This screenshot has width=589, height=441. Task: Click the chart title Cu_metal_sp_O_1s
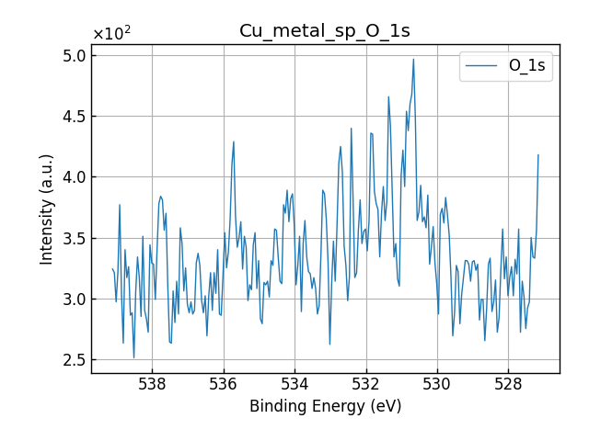click(x=325, y=31)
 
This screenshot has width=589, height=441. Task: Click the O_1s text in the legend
click(x=526, y=66)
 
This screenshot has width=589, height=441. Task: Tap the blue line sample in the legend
click(x=482, y=66)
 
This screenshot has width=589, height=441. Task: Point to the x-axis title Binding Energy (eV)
click(x=325, y=406)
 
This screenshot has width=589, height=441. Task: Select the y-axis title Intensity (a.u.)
click(x=47, y=209)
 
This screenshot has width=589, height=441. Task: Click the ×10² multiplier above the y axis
click(x=111, y=35)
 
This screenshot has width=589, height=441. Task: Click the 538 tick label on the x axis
click(x=153, y=385)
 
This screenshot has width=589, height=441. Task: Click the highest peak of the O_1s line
click(x=413, y=60)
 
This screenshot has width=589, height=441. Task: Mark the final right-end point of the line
click(x=538, y=154)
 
